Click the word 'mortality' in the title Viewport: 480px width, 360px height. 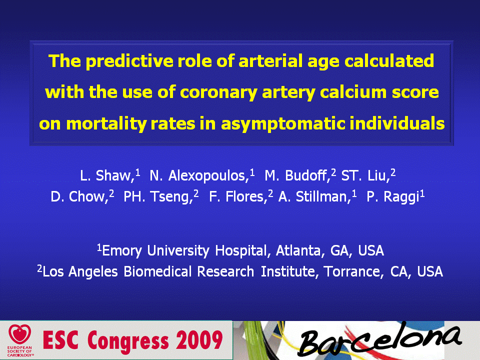click(x=106, y=124)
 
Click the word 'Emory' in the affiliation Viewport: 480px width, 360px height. click(x=122, y=251)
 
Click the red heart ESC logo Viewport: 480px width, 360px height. click(x=20, y=334)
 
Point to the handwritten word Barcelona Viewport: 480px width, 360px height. click(x=379, y=340)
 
